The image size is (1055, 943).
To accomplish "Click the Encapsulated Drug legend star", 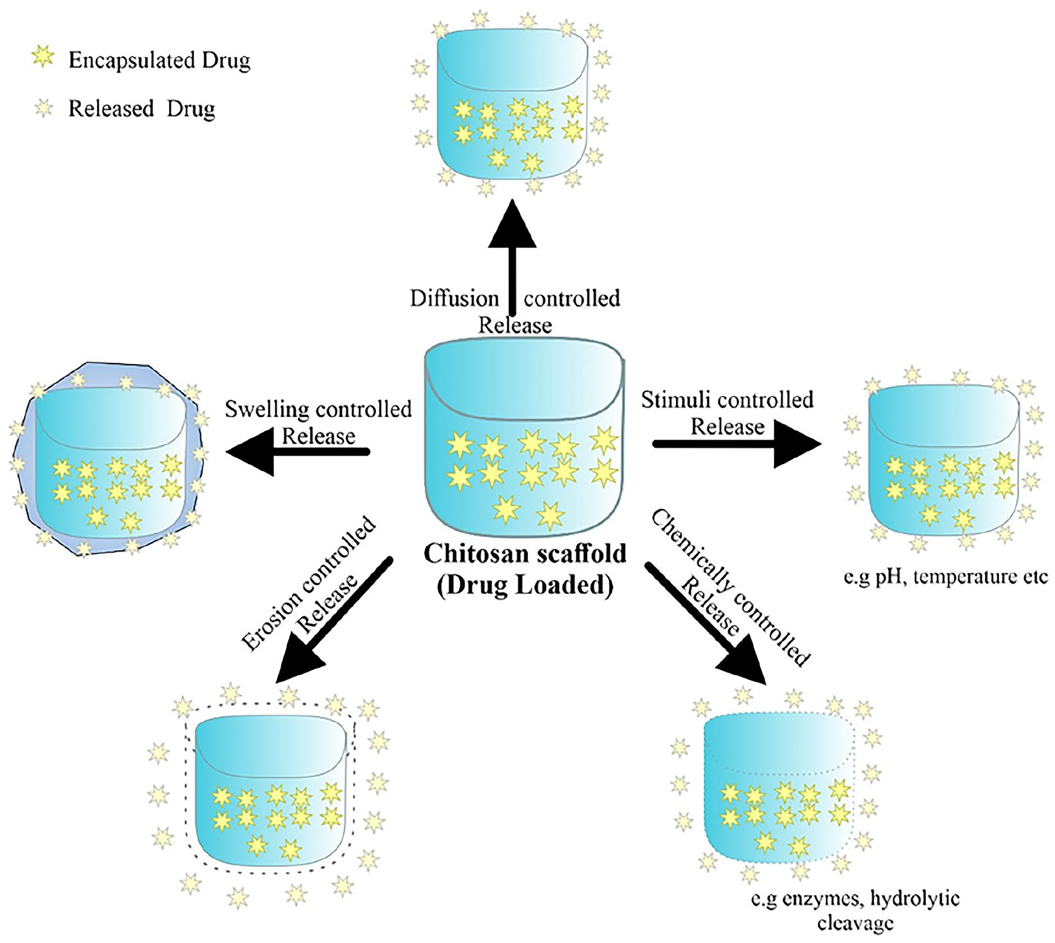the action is tap(43, 56).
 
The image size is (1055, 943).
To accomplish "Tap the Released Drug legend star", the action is tap(44, 109).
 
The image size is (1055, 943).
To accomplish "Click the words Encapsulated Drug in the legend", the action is tap(160, 60).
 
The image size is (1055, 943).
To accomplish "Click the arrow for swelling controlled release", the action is tap(298, 452).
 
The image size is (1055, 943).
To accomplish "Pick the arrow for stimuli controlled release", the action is tap(737, 444).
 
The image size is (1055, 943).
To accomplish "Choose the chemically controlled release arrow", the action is tap(705, 623).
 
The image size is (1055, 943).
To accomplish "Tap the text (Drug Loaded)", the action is tap(525, 584).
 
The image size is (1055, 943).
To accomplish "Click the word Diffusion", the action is tap(455, 298).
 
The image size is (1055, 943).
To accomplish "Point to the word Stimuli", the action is tap(676, 400).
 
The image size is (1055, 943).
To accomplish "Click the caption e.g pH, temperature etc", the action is tap(946, 577).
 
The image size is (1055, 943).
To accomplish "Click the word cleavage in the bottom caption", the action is tap(855, 923).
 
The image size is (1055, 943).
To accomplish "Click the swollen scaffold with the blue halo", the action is tap(108, 459).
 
